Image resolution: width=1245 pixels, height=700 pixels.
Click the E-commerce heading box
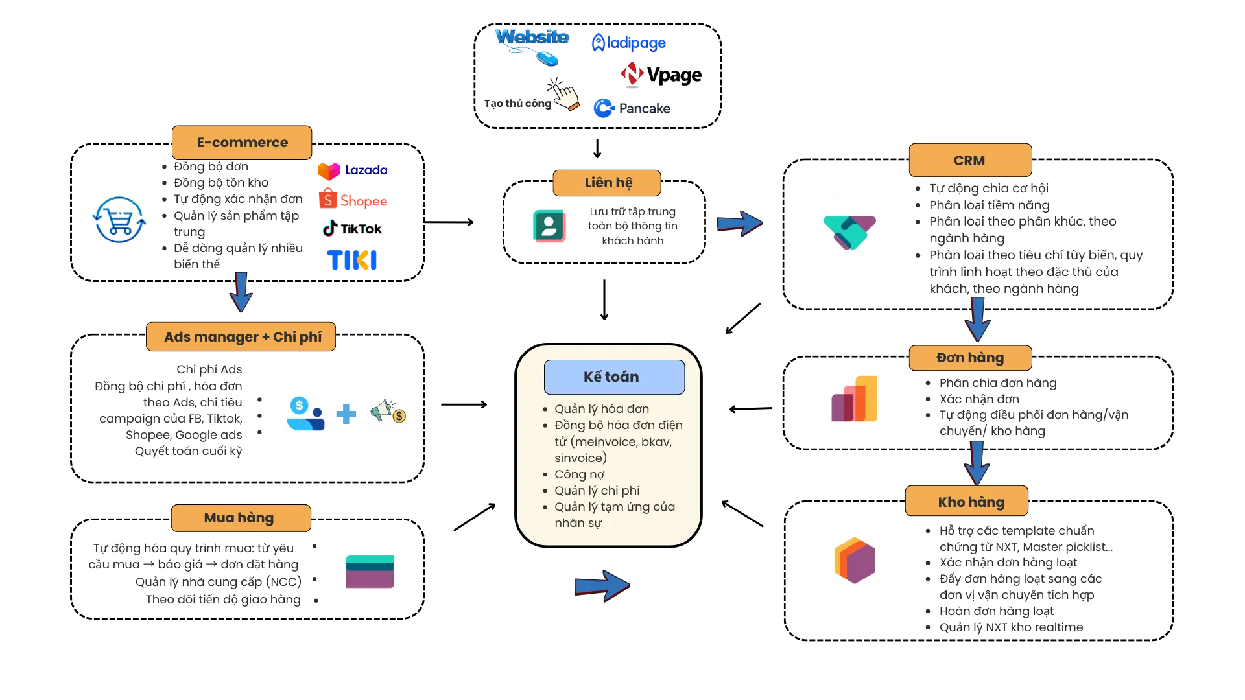(242, 143)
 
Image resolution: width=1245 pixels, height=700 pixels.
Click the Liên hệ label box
(607, 183)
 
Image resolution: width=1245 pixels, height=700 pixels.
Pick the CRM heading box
(969, 160)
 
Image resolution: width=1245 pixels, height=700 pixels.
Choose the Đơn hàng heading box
(969, 358)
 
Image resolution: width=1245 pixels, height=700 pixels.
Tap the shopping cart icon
(119, 220)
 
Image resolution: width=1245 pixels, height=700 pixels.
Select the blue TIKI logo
(352, 261)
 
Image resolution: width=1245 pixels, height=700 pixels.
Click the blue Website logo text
(532, 37)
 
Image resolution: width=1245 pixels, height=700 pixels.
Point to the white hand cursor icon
(565, 97)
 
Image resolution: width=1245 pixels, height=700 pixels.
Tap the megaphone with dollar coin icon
(388, 410)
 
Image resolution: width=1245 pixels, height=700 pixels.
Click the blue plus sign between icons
(346, 413)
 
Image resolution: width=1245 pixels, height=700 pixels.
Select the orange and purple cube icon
(853, 561)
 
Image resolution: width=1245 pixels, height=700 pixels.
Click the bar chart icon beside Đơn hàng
(853, 399)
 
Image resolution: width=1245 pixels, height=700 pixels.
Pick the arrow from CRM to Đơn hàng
(977, 318)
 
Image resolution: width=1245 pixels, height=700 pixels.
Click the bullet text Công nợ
(579, 474)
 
